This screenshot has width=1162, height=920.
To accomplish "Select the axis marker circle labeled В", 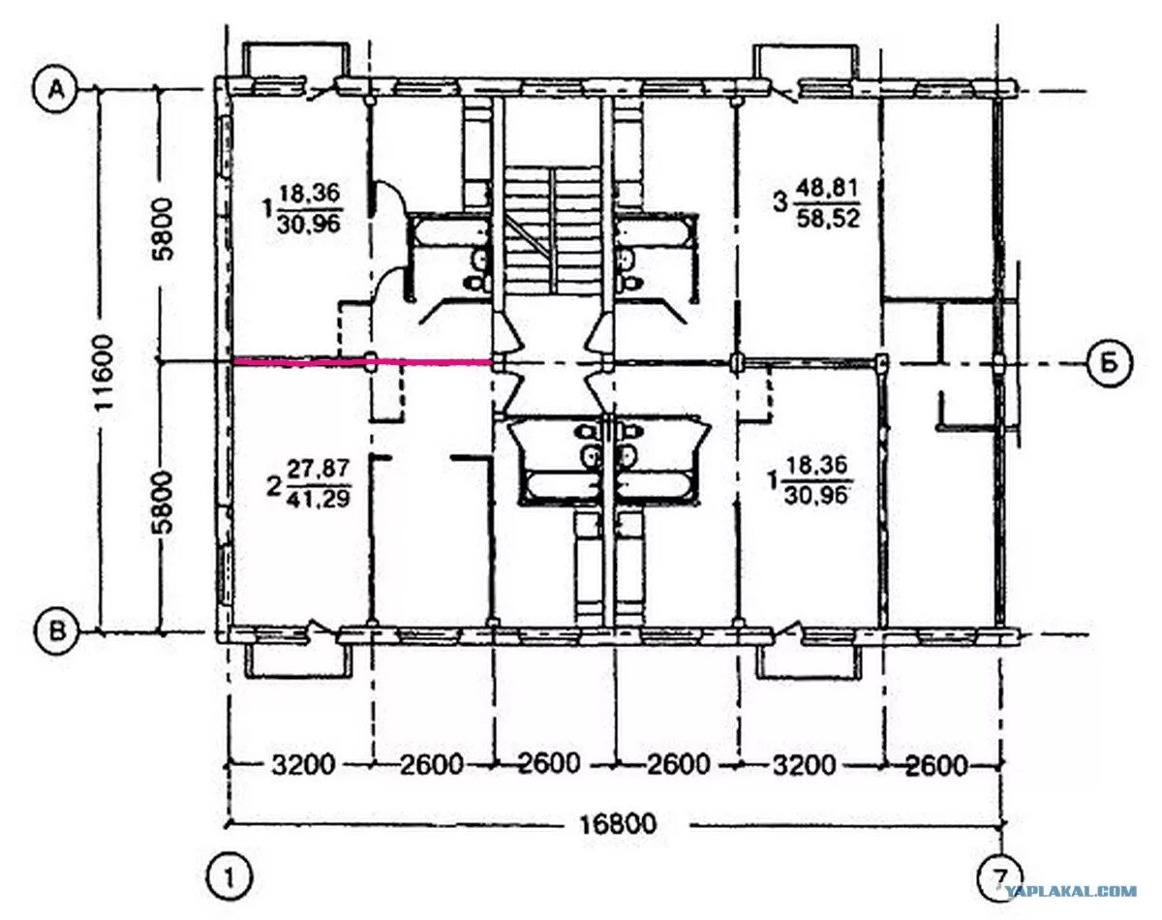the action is coord(58,631).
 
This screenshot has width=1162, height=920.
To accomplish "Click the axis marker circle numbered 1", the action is coord(230,879).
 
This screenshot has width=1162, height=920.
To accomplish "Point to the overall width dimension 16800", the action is coord(618,824).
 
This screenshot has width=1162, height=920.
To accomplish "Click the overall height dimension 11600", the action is coord(104,375).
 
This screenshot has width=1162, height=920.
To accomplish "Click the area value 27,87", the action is coord(318,468).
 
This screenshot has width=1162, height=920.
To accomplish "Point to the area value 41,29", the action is coord(318,498).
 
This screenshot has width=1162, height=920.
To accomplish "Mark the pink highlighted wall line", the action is coord(362,361).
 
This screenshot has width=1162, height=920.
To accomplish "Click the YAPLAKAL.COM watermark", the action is coord(1070,891).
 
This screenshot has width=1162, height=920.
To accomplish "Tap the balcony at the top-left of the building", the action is coord(295,60).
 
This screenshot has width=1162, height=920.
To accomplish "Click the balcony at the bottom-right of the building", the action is coord(808,660).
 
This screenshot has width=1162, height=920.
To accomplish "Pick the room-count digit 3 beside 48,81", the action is coord(780,204).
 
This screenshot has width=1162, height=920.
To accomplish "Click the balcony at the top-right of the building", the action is coord(806,62).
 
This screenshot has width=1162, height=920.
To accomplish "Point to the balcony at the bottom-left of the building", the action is coord(298,659).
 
